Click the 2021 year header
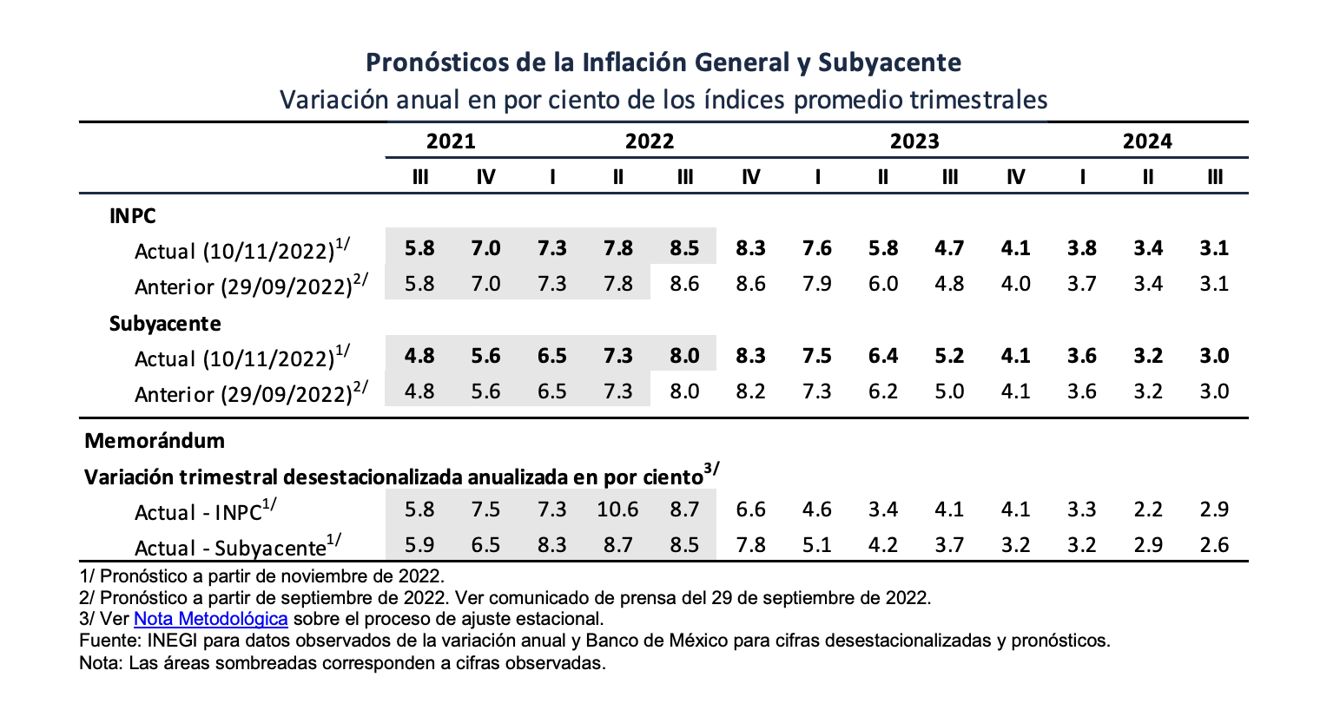[x=451, y=141]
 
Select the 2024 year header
[x=1146, y=141]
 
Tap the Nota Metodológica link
[x=210, y=619]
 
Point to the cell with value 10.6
[x=617, y=509]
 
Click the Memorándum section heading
[x=155, y=441]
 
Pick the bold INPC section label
[x=133, y=216]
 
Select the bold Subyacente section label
[x=165, y=324]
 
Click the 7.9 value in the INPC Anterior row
[x=817, y=284]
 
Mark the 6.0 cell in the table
[x=883, y=284]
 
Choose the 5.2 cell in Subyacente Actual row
[x=949, y=356]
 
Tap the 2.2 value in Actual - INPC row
[x=1148, y=509]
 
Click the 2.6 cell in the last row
[x=1214, y=545]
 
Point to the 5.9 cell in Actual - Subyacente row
[x=419, y=545]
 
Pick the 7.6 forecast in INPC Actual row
[x=817, y=248]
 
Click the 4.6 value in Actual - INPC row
[x=817, y=509]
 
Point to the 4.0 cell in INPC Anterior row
[x=1015, y=284]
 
